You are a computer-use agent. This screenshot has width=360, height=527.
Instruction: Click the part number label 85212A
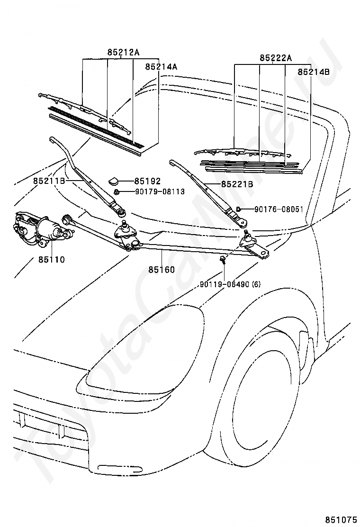coord(124,53)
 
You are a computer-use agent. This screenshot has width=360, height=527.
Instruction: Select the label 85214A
coord(161,67)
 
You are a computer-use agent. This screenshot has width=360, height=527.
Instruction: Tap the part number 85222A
coord(276,58)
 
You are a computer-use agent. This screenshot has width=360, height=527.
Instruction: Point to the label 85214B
coord(314,72)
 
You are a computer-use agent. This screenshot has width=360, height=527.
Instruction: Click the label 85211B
coord(49,181)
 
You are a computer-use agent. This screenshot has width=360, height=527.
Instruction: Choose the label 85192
coord(147,181)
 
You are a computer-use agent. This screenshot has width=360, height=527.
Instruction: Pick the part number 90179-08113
coord(160,192)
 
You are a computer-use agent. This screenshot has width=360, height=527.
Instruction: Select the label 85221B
coord(237,184)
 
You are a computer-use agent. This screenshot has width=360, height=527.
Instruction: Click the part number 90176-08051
coord(279,209)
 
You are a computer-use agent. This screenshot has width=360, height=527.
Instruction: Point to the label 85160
coord(162,270)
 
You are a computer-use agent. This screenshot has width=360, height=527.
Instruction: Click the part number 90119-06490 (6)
coord(230,284)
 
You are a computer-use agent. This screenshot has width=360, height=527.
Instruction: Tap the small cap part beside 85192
coord(114,182)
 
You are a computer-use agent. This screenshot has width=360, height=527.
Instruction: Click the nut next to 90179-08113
coord(116,192)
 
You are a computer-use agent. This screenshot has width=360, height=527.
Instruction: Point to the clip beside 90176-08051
coord(238,209)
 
